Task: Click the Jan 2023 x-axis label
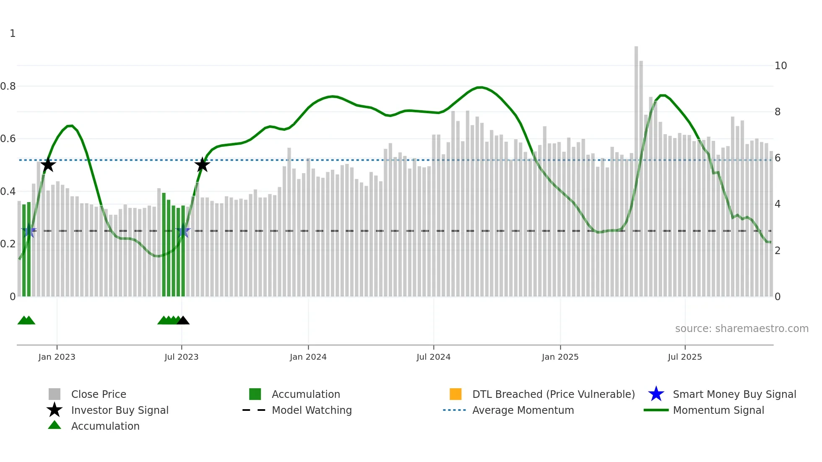(x=57, y=357)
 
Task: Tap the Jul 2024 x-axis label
(x=433, y=357)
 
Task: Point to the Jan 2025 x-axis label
(x=560, y=357)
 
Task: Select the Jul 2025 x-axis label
(x=684, y=357)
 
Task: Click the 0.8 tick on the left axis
(x=8, y=86)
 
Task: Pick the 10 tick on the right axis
(x=780, y=66)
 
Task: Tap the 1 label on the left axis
(x=13, y=34)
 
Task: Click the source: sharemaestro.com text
(x=741, y=328)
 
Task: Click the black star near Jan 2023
(x=48, y=165)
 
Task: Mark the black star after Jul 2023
(x=202, y=165)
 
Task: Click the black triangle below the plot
(x=183, y=321)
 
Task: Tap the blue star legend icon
(x=656, y=394)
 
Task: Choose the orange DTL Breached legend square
(x=455, y=394)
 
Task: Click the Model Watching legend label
(x=312, y=410)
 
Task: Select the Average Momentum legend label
(x=523, y=410)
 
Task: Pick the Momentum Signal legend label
(x=718, y=410)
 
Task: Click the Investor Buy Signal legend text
(x=120, y=410)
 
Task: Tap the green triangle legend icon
(x=55, y=426)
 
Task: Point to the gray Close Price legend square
(x=55, y=394)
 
